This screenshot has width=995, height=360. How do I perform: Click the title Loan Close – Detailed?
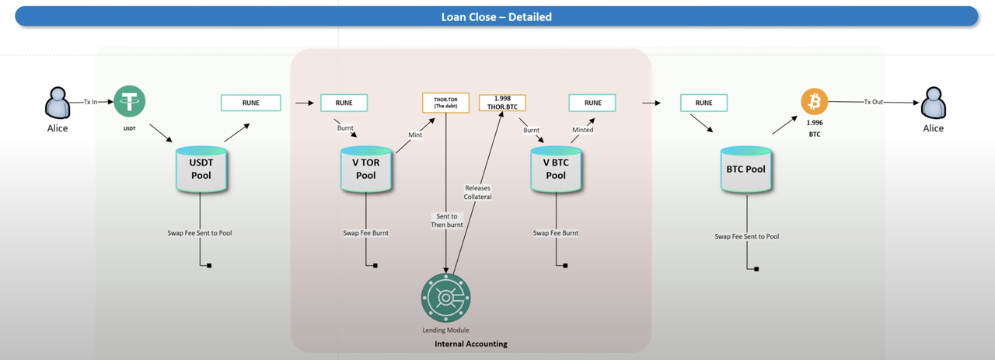pos(497,16)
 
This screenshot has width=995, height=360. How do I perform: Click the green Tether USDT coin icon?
pos(130,101)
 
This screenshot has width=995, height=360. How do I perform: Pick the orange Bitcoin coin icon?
pos(815,101)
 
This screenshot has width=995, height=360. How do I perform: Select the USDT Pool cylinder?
pos(201,169)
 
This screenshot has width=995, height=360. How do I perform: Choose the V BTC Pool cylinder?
pos(555,169)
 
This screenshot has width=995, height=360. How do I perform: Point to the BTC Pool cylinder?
pos(745,169)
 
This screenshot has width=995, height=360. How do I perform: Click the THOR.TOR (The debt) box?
pos(445,102)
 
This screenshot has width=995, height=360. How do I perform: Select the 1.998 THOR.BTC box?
pos(502,102)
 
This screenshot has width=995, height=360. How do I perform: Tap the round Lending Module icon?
pos(445,297)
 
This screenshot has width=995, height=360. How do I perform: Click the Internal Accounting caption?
pos(470,344)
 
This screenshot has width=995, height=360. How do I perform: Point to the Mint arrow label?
pos(416,135)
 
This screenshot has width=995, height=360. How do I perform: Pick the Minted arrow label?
pos(582,130)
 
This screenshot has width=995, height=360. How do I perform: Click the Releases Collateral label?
pos(478,192)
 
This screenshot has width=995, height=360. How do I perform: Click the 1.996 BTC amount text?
pos(815,128)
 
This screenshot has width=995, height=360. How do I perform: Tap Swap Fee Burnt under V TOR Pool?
pos(365,232)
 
